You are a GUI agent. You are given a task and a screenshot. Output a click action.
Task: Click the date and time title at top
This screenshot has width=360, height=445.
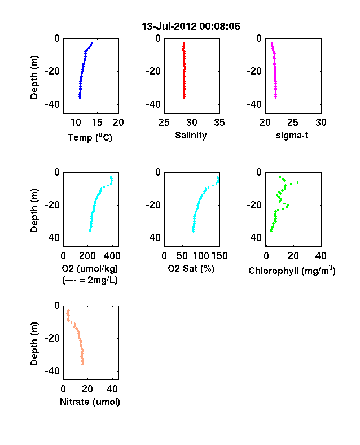click(191, 27)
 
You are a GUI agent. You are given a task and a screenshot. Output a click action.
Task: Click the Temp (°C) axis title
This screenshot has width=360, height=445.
click(90, 137)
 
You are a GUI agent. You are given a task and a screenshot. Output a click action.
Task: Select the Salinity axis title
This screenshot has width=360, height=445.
click(191, 136)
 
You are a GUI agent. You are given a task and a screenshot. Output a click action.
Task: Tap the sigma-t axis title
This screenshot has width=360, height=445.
click(292, 136)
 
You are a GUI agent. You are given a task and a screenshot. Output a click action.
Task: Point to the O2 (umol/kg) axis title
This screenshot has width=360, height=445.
click(90, 268)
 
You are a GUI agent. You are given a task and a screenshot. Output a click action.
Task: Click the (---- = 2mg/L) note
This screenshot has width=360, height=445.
click(90, 280)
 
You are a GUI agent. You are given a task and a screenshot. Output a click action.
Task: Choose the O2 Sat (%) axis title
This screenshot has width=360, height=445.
click(191, 268)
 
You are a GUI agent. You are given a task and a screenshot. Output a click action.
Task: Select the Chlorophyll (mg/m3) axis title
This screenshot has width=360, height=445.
click(292, 271)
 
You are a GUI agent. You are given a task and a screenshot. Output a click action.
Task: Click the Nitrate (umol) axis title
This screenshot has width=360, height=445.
click(90, 402)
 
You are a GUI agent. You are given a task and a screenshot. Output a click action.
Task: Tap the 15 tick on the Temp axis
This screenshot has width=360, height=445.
click(97, 123)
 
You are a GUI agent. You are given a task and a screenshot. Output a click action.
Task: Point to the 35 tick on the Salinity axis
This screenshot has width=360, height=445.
click(219, 123)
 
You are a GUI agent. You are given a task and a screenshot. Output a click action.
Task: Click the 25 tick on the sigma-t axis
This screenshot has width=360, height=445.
click(293, 123)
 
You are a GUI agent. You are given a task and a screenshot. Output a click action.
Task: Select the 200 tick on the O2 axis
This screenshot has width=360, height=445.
click(87, 256)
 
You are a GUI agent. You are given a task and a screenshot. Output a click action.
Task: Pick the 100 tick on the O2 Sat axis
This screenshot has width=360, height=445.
click(201, 256)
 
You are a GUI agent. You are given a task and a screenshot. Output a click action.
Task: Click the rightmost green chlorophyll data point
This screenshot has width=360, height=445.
click(297, 182)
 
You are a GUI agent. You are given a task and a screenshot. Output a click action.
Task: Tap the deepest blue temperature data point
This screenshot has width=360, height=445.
click(80, 98)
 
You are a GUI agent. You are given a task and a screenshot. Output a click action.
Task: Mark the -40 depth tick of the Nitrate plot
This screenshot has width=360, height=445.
click(52, 371)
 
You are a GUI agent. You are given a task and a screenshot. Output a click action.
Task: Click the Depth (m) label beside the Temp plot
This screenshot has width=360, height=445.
click(34, 77)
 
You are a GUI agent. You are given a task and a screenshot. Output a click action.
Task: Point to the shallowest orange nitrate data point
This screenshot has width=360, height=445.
click(68, 311)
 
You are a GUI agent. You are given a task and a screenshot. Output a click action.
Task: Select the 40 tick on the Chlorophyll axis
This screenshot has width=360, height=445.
click(321, 256)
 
